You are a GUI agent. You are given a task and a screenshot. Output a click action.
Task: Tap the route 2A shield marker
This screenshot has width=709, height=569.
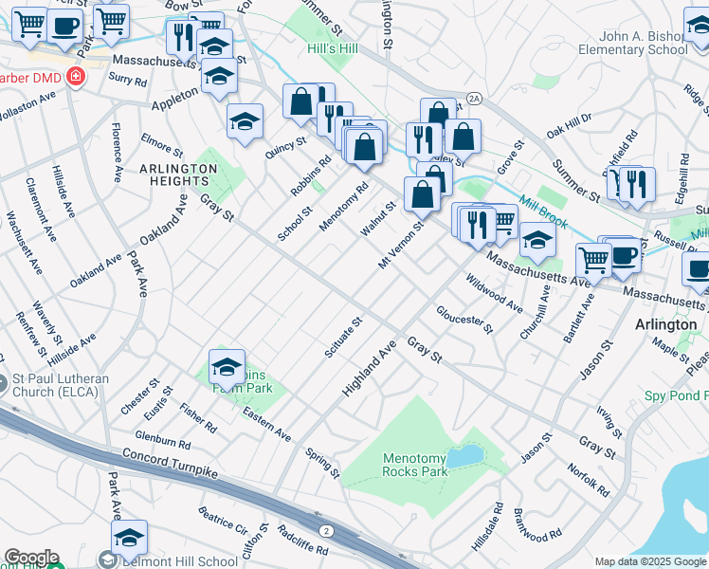tap(474, 98)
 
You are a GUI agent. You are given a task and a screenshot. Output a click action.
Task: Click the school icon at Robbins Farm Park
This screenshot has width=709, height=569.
tap(227, 366)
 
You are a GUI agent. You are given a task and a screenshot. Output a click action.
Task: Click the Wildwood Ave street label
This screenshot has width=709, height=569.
tap(494, 293)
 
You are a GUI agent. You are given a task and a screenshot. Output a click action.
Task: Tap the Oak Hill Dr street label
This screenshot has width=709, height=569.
tap(569, 122)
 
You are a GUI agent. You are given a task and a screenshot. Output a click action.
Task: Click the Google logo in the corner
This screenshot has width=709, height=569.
tap(30, 558)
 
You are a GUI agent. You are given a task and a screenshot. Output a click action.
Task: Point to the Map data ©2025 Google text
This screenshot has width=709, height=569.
tap(649, 561)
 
